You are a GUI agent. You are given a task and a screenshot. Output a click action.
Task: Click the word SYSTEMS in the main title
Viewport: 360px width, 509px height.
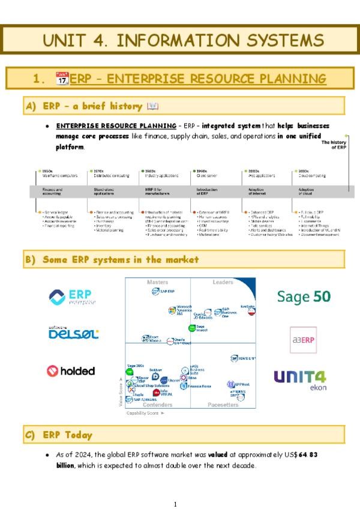tap(274, 40)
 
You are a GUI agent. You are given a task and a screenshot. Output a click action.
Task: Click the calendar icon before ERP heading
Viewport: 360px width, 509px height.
tap(62, 79)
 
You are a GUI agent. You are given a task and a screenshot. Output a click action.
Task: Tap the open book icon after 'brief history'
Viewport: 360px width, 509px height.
tap(152, 106)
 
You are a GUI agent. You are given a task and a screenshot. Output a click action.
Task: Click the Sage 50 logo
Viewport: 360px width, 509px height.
tap(303, 296)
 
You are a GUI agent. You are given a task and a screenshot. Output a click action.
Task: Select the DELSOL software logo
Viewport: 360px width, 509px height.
tap(73, 333)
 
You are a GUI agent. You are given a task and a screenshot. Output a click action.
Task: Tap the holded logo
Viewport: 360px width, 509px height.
tap(71, 371)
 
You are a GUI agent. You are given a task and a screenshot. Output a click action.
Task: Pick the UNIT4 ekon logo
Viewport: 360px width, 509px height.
tap(300, 379)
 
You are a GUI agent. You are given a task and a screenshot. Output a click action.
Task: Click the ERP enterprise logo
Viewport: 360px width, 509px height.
tap(73, 297)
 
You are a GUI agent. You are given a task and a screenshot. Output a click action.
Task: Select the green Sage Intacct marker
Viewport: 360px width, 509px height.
tap(192, 328)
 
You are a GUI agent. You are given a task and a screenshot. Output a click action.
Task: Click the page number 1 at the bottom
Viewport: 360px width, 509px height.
tap(175, 504)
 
